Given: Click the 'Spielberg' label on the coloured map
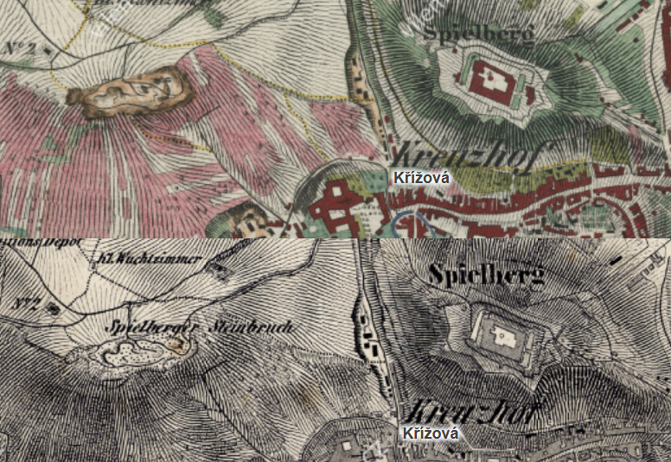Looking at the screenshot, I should (x=478, y=33).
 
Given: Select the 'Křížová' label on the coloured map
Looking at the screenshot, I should (x=421, y=178).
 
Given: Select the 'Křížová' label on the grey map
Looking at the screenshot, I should (x=430, y=434).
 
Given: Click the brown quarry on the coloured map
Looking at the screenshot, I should (x=130, y=90).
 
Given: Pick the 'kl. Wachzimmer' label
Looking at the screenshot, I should (x=150, y=257).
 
